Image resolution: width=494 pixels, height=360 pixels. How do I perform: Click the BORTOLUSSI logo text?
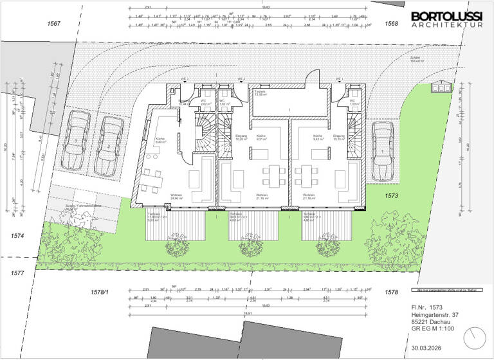(446, 16)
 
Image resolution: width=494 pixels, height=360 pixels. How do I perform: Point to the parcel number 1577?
(17, 273)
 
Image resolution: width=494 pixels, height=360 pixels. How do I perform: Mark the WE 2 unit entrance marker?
(241, 80)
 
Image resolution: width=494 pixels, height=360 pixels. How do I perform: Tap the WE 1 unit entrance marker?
(338, 80)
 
